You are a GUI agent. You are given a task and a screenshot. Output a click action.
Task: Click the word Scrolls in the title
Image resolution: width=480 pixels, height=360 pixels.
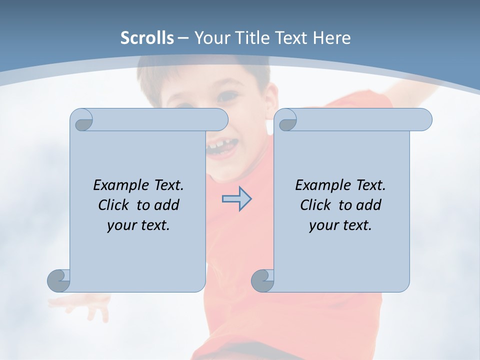(147, 38)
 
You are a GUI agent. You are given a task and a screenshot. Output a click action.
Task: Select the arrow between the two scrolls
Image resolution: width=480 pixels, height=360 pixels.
(236, 198)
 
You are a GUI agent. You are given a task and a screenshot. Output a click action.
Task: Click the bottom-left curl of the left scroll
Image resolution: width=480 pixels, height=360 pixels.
(58, 280)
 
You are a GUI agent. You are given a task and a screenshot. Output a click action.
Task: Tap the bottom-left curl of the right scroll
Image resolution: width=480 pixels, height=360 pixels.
(262, 280)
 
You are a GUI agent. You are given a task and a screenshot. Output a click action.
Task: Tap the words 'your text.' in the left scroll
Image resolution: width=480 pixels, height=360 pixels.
(138, 225)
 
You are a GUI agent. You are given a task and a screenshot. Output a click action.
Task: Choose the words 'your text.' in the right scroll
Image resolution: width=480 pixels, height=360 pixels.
(340, 225)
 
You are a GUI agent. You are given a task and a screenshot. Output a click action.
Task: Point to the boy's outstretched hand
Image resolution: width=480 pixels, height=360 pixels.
(85, 303)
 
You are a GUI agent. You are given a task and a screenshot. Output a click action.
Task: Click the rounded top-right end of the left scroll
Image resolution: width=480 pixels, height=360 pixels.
(220, 120)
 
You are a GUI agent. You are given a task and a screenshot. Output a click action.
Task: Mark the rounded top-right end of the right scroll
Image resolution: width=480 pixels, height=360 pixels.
(424, 120)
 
